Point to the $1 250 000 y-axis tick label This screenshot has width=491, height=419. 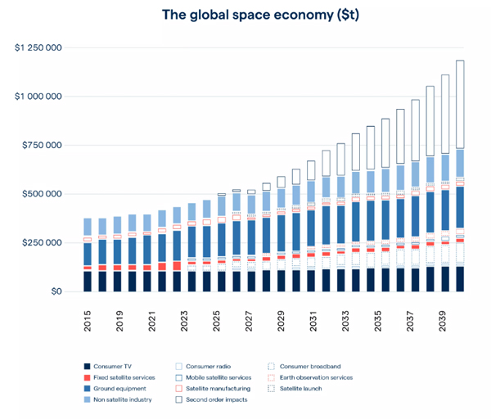38,48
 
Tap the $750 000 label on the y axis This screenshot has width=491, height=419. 42,146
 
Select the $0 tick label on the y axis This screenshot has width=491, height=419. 56,292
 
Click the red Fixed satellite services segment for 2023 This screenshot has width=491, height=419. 177,265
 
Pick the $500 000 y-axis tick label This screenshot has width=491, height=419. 42,195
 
